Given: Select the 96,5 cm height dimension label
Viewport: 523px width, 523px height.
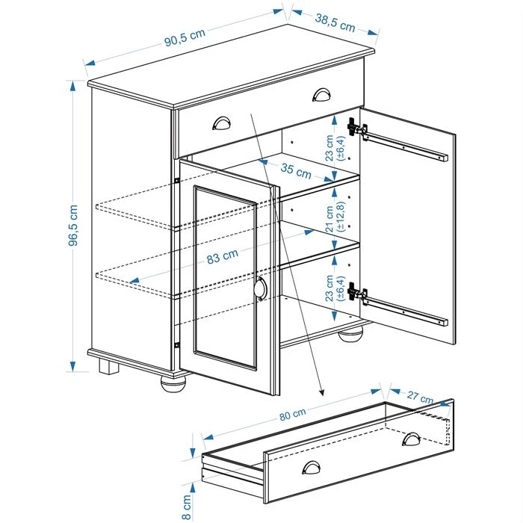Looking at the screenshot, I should coord(73,225).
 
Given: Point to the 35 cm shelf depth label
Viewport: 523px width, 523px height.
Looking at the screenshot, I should coord(296,170).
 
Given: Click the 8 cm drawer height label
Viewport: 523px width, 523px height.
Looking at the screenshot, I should coord(188,505).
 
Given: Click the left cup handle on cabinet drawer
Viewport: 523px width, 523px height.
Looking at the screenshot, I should coord(223,123).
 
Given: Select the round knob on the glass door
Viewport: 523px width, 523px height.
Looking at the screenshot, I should coord(260,289).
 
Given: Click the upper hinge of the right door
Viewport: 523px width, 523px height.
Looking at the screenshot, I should coord(358,129).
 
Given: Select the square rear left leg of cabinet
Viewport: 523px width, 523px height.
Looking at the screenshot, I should coord(108,367).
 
